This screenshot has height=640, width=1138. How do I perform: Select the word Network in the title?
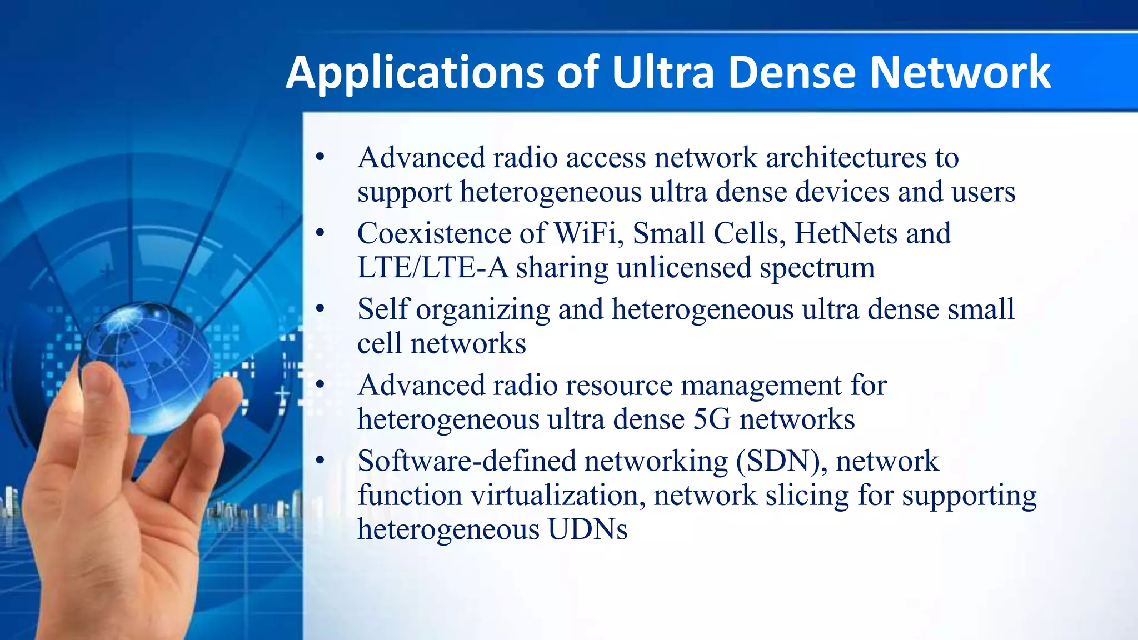click(960, 72)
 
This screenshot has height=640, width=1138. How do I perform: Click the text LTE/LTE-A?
click(432, 268)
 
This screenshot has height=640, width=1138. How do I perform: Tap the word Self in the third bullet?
click(382, 309)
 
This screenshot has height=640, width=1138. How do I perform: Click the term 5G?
click(712, 419)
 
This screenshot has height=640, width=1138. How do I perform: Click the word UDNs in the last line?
click(587, 529)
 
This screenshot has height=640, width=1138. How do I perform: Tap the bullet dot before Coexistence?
click(320, 233)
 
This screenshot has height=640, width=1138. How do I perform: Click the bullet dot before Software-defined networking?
click(320, 460)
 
